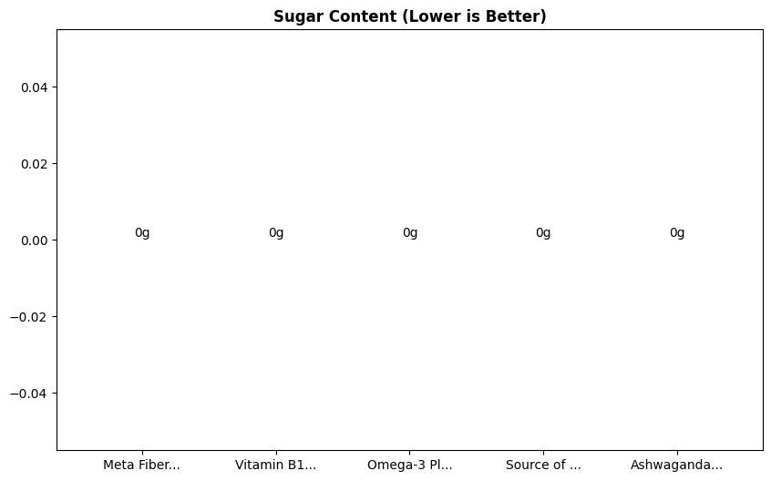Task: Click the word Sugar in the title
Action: tap(294, 16)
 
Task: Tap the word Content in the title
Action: tap(348, 16)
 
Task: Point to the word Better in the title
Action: tap(519, 16)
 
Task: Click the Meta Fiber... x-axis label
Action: tap(141, 465)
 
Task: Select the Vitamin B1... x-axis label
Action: tap(275, 465)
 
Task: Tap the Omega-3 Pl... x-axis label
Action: tap(409, 465)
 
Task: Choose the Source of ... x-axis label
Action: tap(543, 465)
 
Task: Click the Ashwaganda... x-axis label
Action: tap(676, 465)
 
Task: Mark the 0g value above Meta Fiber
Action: tap(142, 233)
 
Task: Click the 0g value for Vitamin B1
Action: tap(276, 233)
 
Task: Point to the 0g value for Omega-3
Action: tap(410, 233)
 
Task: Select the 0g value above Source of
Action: tap(543, 233)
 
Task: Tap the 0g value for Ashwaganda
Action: tap(677, 233)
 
